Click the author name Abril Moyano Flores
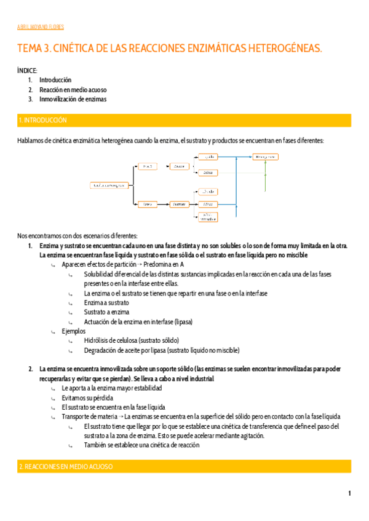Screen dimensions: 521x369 click(41, 27)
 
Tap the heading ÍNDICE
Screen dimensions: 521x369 click(28, 71)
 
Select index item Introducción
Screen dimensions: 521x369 click(55, 80)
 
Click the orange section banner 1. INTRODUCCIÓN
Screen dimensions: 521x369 click(184, 120)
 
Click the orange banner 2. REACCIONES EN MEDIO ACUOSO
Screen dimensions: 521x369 click(184, 467)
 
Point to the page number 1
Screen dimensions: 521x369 click(349, 493)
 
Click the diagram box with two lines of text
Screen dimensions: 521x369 click(207, 216)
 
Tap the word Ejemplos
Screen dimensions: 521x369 click(74, 331)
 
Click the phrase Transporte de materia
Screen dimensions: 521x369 click(87, 417)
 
